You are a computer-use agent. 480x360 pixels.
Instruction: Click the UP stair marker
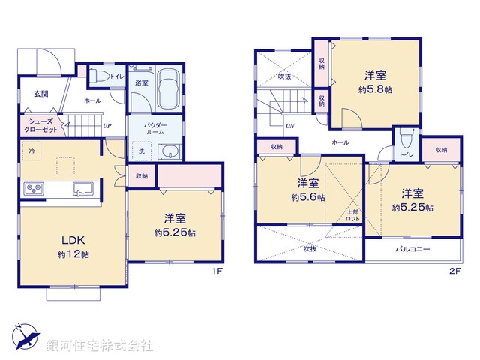107,126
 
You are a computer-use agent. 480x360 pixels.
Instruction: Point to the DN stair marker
289,127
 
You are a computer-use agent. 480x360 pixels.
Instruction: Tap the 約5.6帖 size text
308,198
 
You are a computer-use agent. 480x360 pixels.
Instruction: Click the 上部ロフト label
352,214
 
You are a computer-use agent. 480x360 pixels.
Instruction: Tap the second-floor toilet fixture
407,140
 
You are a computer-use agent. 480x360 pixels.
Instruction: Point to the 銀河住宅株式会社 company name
99,346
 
